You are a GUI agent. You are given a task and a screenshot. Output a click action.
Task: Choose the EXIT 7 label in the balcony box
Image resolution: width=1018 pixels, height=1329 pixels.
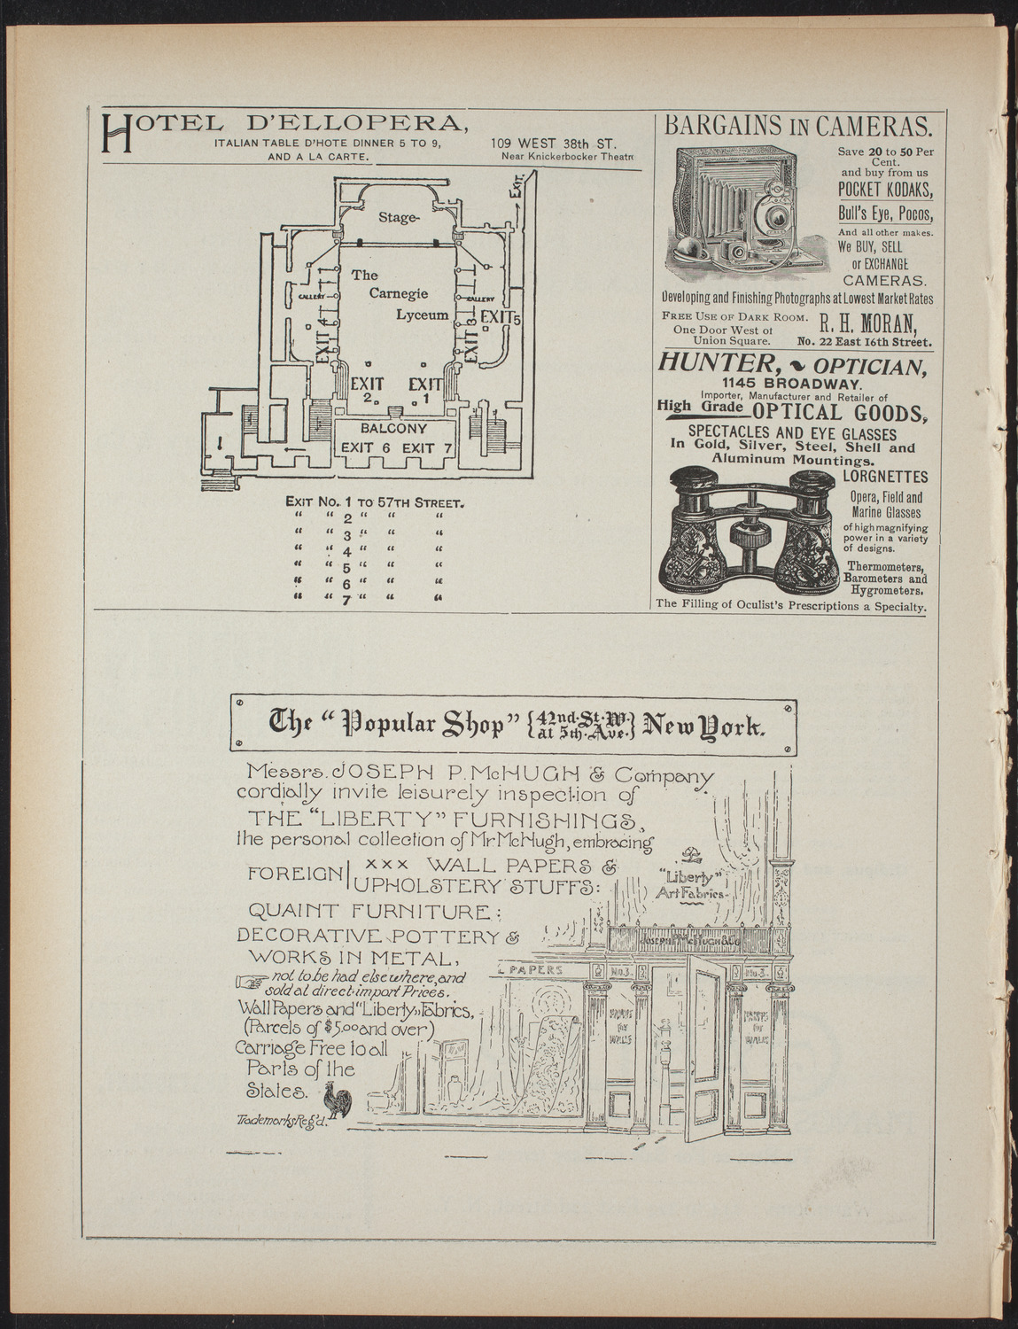[428, 448]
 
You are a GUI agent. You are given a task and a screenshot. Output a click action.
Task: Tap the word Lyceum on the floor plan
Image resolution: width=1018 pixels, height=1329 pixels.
[422, 315]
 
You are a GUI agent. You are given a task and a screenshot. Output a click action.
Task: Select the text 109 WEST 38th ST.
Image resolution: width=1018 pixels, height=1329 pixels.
[554, 143]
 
